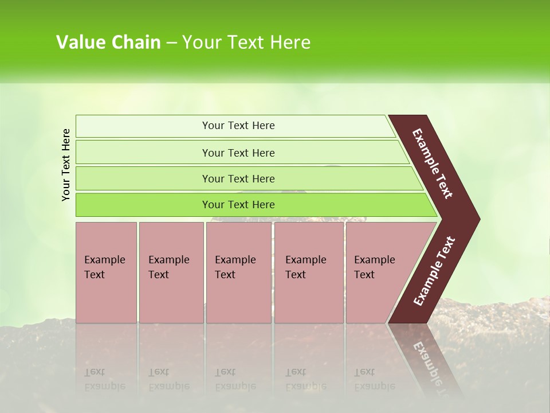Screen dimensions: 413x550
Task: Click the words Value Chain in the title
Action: click(108, 42)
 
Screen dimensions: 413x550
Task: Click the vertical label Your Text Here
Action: click(66, 165)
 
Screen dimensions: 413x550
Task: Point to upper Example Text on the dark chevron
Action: click(433, 163)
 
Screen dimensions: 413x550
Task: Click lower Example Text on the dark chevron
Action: click(434, 271)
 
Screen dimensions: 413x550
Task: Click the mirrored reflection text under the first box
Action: click(104, 379)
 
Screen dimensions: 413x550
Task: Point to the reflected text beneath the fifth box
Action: click(374, 379)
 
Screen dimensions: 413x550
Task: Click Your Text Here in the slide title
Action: click(246, 42)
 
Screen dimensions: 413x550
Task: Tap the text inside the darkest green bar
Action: click(238, 205)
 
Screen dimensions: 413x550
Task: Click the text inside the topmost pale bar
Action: click(238, 126)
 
